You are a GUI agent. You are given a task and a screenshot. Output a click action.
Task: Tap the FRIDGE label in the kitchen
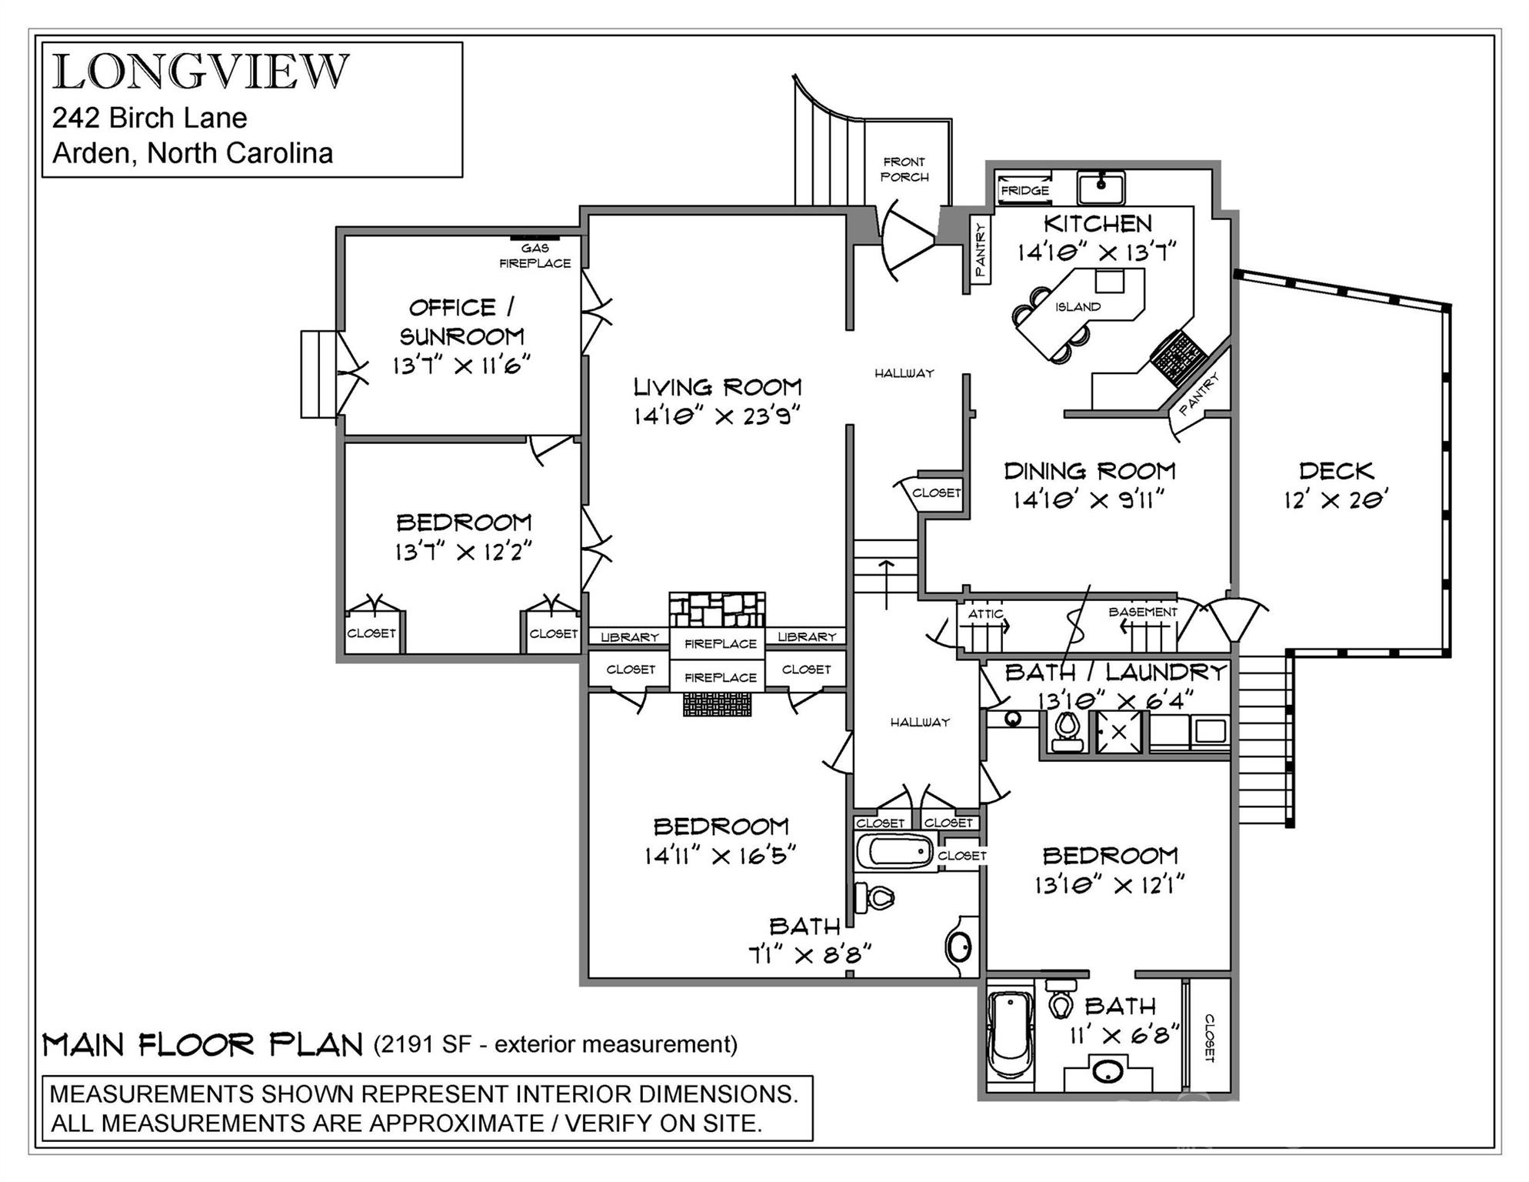click(x=1024, y=190)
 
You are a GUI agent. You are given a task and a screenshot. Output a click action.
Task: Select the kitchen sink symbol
click(x=1101, y=185)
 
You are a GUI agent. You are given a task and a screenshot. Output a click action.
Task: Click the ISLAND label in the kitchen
click(x=1078, y=306)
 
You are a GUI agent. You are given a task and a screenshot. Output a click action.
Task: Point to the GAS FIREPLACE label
click(x=535, y=255)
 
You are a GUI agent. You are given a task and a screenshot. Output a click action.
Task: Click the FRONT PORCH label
click(x=904, y=169)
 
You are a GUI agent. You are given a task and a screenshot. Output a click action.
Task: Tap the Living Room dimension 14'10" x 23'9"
click(x=717, y=416)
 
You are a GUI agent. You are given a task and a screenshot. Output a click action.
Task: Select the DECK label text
click(x=1336, y=470)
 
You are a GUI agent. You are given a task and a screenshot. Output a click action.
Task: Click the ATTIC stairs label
click(x=985, y=613)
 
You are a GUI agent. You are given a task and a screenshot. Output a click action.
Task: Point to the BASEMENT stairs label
click(x=1142, y=612)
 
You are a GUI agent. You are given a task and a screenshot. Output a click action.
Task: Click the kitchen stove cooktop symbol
click(x=1178, y=357)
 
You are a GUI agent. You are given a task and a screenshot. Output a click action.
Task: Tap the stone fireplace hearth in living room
click(x=717, y=609)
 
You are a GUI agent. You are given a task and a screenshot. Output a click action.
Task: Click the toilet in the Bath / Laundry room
click(x=1067, y=730)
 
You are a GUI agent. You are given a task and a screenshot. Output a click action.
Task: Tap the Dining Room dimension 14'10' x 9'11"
click(x=1088, y=500)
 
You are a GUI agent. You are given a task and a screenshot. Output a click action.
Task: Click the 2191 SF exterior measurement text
click(x=555, y=1044)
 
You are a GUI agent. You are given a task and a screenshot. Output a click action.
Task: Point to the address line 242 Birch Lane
click(x=149, y=118)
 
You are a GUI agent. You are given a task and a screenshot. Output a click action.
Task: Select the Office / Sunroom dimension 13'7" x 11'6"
click(x=461, y=365)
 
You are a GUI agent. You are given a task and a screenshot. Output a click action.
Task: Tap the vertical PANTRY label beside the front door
click(x=980, y=249)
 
